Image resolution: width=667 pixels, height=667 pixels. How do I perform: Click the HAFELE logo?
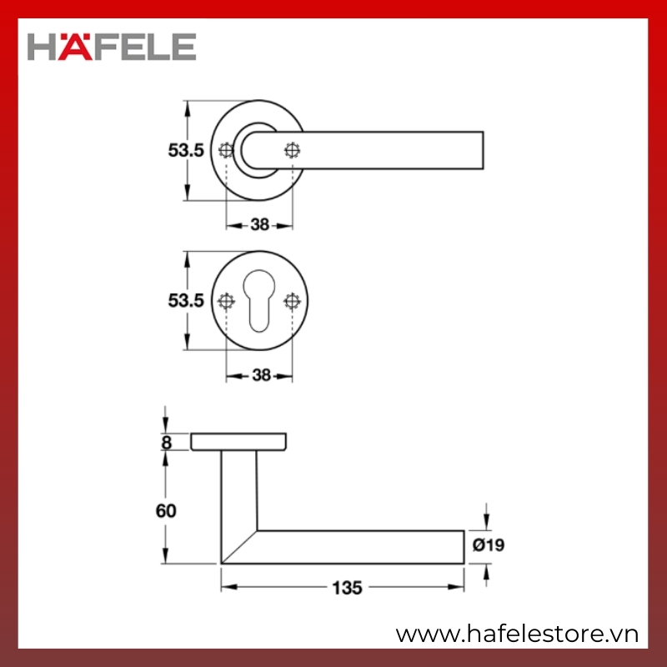click(x=112, y=47)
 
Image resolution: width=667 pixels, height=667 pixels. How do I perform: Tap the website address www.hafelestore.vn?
click(x=517, y=634)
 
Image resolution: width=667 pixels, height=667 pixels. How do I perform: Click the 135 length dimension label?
click(x=347, y=588)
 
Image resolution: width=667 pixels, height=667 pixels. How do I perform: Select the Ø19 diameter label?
click(x=489, y=545)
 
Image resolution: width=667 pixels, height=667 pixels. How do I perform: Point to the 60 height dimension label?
click(x=166, y=511)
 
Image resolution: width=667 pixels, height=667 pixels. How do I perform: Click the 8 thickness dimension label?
click(x=166, y=443)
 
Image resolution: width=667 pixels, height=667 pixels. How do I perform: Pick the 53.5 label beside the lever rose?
click(x=186, y=150)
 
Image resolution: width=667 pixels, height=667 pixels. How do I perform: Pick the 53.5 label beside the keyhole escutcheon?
click(x=186, y=301)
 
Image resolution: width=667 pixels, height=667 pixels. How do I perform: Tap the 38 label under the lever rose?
click(x=259, y=224)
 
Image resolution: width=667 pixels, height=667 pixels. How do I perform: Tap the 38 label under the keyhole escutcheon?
click(x=261, y=375)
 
